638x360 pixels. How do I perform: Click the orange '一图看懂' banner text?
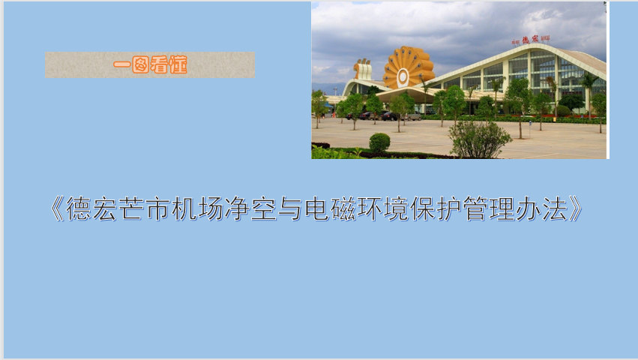[150, 65]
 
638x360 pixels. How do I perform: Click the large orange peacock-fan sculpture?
[408, 68]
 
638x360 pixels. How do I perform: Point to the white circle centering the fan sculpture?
[403, 76]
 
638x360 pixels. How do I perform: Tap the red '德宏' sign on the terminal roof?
[530, 39]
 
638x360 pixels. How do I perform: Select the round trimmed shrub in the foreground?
[379, 142]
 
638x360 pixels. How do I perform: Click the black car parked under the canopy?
[390, 116]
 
